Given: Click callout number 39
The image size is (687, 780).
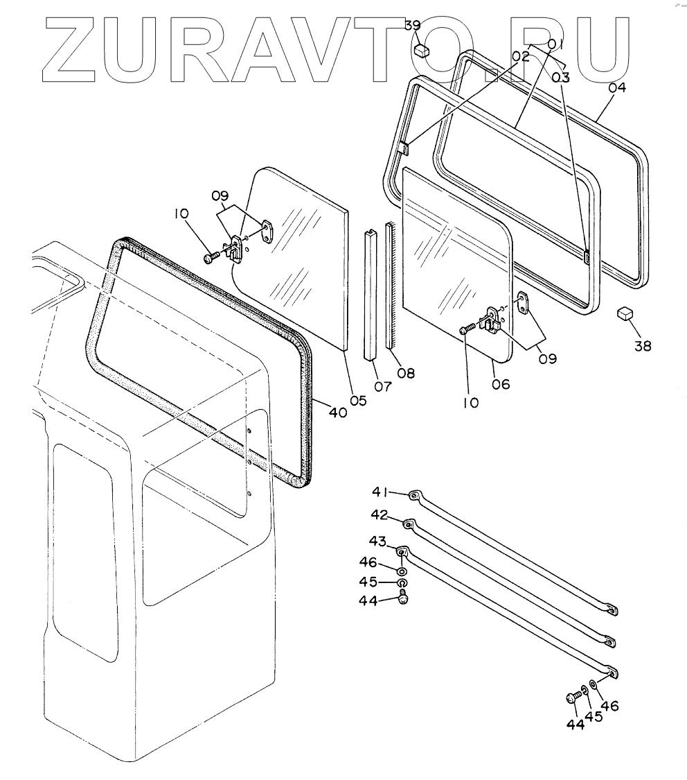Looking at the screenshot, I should coord(413,26).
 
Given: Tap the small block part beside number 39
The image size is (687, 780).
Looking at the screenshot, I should coord(422,51).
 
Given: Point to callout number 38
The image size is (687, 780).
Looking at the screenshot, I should coord(643,346).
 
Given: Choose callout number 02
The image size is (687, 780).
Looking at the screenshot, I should coord(521,56).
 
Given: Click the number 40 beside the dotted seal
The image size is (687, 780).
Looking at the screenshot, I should coord(337,412).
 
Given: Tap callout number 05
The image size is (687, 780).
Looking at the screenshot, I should coord(358,399).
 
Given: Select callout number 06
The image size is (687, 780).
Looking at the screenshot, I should coord(500,383).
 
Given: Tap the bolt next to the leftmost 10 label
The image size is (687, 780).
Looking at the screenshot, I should coord(211,258).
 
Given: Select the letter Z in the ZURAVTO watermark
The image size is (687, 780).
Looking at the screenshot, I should coord(78,45).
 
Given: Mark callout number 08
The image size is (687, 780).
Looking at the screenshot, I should coord(406,373).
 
